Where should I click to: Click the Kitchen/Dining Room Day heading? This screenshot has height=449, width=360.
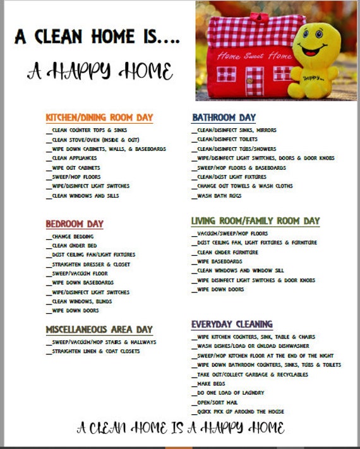(99, 117)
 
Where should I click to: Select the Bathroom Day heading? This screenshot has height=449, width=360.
(224, 117)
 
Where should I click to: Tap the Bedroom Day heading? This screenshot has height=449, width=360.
(75, 224)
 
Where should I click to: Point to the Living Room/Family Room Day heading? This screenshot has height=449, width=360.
(255, 221)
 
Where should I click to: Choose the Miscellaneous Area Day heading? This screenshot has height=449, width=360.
(99, 330)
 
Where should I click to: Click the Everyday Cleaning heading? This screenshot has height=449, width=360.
(232, 325)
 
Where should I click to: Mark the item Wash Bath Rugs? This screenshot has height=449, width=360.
(219, 196)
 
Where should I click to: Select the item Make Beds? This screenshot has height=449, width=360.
(212, 383)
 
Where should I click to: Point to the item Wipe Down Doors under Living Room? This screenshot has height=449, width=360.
(219, 289)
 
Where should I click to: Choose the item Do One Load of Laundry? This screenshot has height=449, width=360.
(230, 393)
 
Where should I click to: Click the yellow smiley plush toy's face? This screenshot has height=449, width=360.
(316, 48)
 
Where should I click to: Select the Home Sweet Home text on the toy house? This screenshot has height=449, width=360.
(246, 56)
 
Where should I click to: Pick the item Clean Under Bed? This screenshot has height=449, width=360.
(74, 246)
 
